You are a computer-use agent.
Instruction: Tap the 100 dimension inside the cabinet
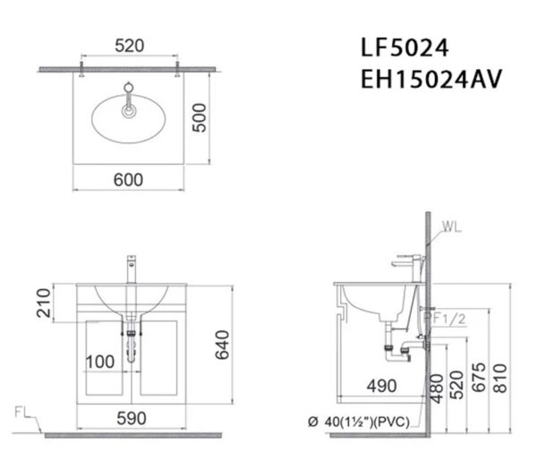[x=100, y=362]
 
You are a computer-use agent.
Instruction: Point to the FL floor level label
[x=24, y=413]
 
